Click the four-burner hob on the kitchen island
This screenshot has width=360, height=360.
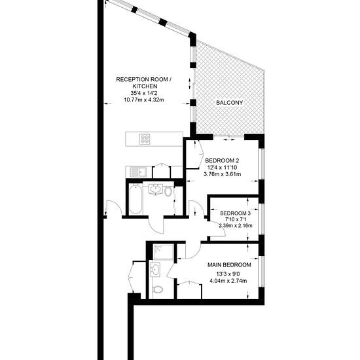click(145, 139)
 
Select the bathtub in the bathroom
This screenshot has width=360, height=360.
click(135, 199)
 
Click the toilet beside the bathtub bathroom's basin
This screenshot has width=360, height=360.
click(168, 191)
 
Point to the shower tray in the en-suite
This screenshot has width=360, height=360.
click(164, 252)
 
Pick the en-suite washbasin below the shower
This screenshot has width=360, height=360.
click(156, 270)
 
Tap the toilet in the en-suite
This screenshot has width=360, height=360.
click(158, 289)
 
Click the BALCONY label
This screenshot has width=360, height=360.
click(229, 103)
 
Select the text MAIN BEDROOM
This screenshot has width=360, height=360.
click(229, 265)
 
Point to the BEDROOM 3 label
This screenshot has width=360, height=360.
click(236, 213)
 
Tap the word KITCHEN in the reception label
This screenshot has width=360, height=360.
click(145, 86)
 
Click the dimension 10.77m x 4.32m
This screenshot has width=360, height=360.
click(144, 100)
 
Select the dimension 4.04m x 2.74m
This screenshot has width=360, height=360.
click(228, 281)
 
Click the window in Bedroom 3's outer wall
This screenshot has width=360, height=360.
click(262, 219)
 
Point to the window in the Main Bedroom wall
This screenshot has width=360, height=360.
click(262, 271)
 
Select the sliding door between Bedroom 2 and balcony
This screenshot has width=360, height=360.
click(228, 137)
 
